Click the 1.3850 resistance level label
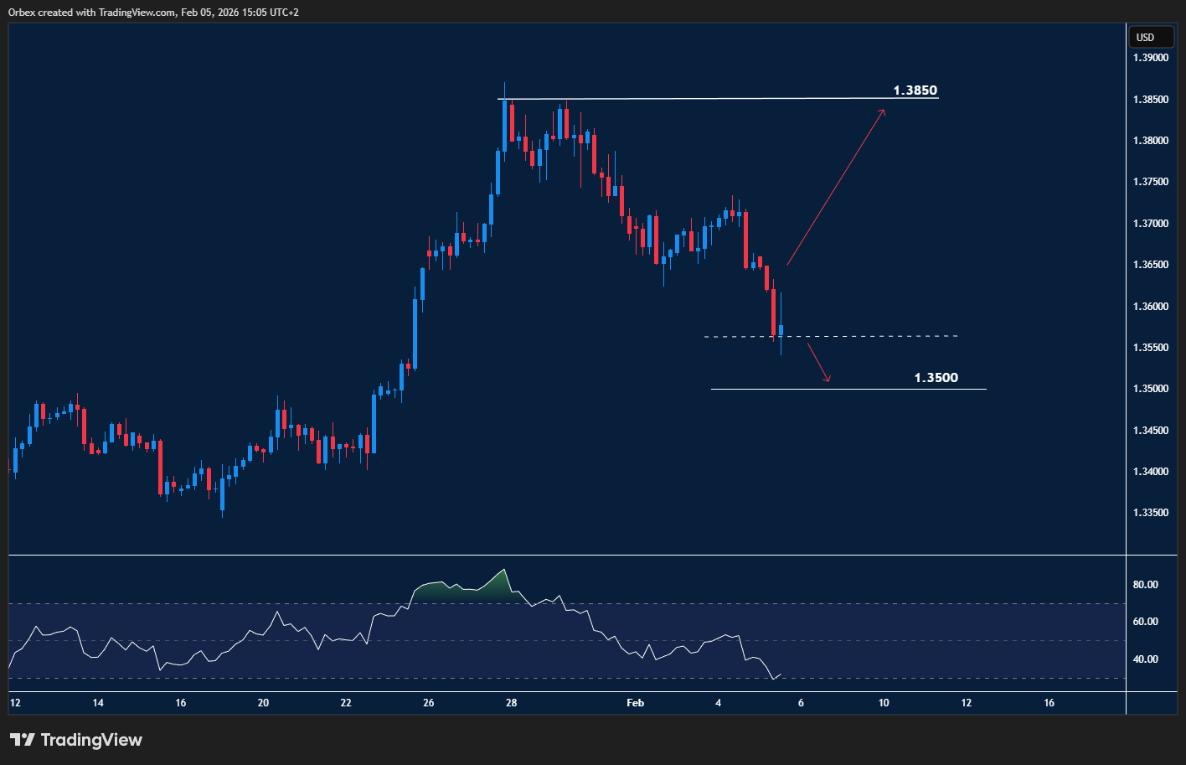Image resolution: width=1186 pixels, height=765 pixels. pos(915,90)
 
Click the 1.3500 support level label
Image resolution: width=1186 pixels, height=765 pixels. pos(936,378)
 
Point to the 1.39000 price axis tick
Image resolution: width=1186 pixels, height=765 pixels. pos(1151,58)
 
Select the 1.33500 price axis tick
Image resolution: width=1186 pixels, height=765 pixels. pos(1151,513)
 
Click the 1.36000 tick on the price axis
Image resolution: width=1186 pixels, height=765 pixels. pos(1151,307)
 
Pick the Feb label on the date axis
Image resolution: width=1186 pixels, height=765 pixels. pos(636,703)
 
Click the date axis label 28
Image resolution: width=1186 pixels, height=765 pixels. pos(511,703)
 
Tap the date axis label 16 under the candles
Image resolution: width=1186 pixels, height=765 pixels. pos(181,703)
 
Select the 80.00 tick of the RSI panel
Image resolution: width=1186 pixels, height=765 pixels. pos(1146,585)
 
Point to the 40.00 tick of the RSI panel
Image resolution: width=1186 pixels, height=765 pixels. pos(1146,659)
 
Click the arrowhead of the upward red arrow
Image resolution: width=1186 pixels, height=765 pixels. pos(883,112)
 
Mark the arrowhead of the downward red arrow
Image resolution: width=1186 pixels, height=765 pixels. pos(828,380)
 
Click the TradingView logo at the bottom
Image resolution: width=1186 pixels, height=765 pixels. pos(76,740)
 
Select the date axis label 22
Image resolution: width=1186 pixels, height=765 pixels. pos(346,703)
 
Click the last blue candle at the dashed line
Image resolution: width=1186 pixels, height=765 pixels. pos(781,330)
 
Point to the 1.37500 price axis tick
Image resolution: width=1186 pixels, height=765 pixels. pos(1151,182)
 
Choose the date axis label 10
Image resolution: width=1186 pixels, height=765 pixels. pos(884,703)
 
